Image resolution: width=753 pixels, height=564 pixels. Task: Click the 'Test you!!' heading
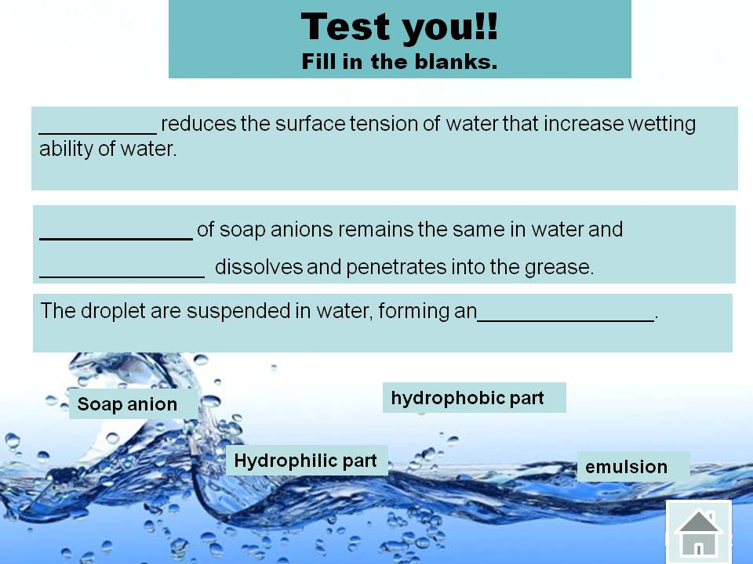(399, 27)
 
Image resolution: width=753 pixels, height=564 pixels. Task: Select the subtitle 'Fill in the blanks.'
(399, 62)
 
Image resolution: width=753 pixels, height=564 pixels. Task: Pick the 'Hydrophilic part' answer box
(307, 461)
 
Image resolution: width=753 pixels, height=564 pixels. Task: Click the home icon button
(698, 531)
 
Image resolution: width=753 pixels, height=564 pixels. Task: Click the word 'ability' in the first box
(66, 149)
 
